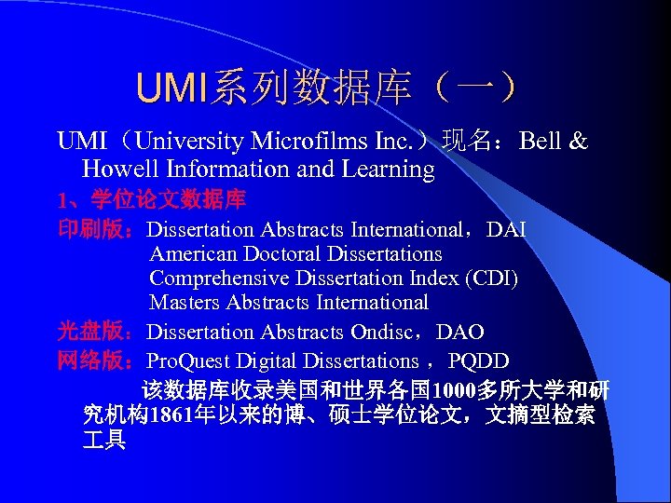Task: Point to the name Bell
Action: point(541,142)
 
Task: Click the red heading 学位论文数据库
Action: point(169,199)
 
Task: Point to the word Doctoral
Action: point(281,253)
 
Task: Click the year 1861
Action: point(167,415)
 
